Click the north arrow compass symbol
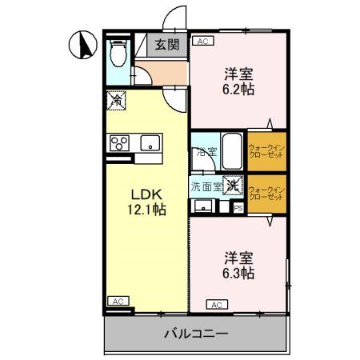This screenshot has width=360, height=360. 81,46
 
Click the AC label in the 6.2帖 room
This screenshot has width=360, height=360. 202,41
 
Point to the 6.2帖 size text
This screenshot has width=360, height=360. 238,90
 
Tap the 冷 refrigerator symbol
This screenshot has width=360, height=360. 115,101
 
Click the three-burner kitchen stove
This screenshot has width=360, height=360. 121,144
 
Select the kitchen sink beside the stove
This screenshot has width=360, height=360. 150,144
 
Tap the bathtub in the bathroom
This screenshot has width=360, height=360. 232,149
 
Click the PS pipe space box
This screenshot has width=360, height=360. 238,208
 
